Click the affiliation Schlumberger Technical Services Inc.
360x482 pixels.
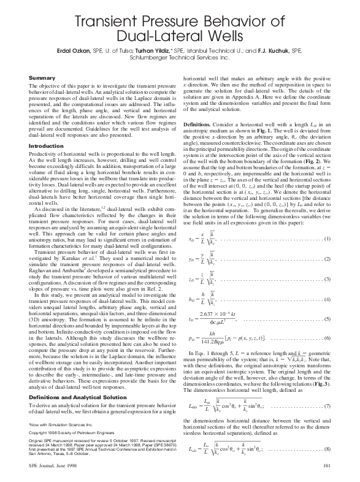(180, 55)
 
